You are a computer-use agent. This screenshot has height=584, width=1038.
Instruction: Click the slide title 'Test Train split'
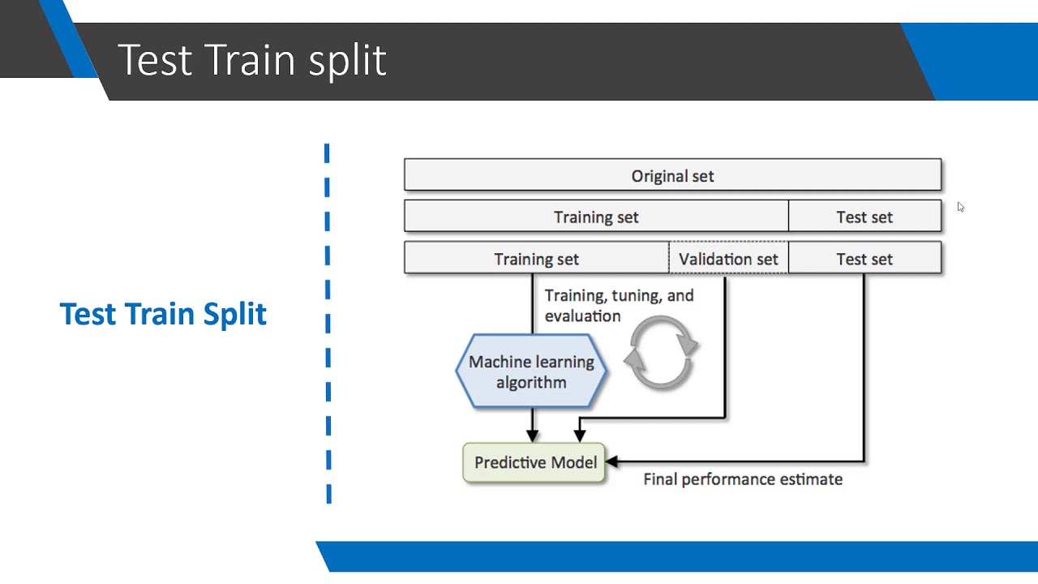coord(251,61)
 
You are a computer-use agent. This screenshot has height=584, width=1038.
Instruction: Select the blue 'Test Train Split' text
coord(163,314)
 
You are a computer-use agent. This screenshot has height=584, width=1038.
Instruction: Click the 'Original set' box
coord(672,176)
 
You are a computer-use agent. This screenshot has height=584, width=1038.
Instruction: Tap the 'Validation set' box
coord(727,259)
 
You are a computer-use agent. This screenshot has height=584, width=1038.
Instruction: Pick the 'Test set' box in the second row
coord(864,217)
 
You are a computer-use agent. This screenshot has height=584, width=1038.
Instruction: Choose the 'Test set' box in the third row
coord(864,259)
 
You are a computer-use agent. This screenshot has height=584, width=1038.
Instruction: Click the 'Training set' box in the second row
coord(596,217)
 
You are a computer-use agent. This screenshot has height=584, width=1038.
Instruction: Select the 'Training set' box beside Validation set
coord(536,259)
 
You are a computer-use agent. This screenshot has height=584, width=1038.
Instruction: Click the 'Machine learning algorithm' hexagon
coord(531,372)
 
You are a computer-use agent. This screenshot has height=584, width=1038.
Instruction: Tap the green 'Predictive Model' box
coord(534,462)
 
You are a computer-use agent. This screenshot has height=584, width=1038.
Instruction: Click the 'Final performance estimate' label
coord(742,479)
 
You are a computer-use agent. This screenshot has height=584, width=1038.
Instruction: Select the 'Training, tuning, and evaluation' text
coord(618,306)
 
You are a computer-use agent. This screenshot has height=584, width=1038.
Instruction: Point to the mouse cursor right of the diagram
coord(960,207)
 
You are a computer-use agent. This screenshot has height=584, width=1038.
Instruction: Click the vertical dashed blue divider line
coord(327,324)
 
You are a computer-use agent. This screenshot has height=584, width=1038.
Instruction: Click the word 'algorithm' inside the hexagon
coord(531,383)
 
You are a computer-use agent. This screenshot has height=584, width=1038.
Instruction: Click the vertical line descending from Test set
coord(864,365)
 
